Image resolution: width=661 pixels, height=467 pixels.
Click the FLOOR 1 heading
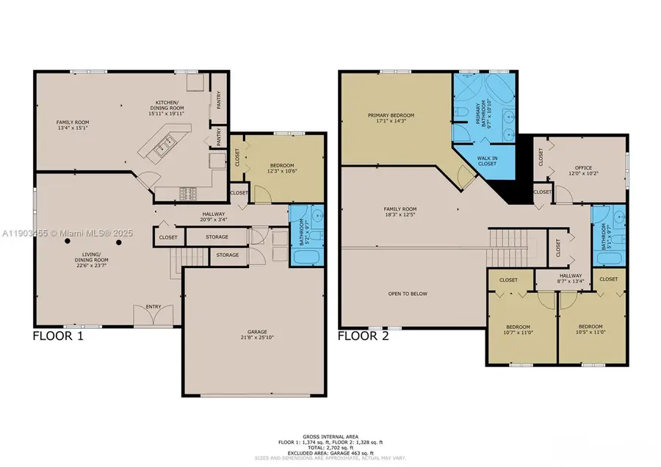pyautogui.click(x=59, y=337)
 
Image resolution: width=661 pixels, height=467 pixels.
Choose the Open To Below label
pyautogui.click(x=408, y=294)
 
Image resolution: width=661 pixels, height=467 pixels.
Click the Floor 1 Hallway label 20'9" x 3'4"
pyautogui.click(x=214, y=217)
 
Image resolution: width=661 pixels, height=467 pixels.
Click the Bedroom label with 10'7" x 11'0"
pyautogui.click(x=519, y=330)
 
